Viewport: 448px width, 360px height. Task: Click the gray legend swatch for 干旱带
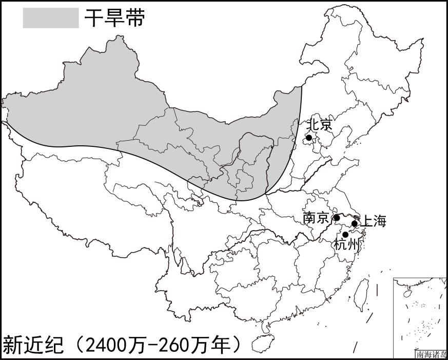[x=50, y=18]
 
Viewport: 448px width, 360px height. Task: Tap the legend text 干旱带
[x=115, y=18]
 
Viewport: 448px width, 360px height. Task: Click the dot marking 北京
[x=309, y=138]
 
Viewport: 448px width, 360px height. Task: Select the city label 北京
[x=319, y=125]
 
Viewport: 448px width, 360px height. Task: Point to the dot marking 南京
[x=337, y=218]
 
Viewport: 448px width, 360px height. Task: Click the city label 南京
[x=316, y=218]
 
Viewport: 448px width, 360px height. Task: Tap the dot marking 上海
[x=354, y=223]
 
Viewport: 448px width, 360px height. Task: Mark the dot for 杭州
[x=345, y=235]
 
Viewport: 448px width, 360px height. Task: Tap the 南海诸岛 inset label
[x=431, y=354]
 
